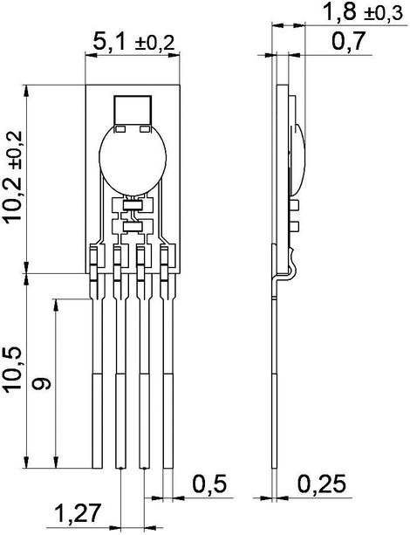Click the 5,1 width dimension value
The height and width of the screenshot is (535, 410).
pyautogui.click(x=108, y=42)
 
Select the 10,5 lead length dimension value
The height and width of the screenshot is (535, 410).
pyautogui.click(x=12, y=369)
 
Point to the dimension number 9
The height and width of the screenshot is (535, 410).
pyautogui.click(x=41, y=383)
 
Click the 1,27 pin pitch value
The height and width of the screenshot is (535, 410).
pyautogui.click(x=79, y=513)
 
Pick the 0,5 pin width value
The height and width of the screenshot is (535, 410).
pyautogui.click(x=209, y=484)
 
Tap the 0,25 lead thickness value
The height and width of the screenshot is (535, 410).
pyautogui.click(x=322, y=484)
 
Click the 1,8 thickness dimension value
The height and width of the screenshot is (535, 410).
pyautogui.click(x=339, y=12)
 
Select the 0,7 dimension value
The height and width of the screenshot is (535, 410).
pyautogui.click(x=348, y=41)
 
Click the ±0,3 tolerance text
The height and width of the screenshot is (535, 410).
pyautogui.click(x=383, y=14)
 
